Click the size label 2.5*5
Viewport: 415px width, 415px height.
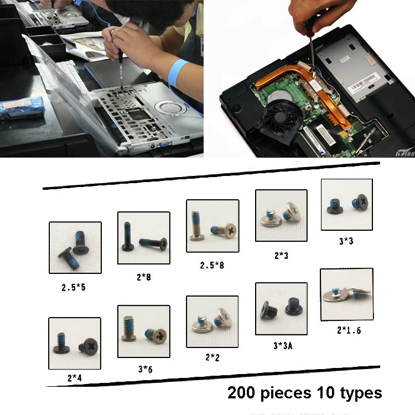(74, 288)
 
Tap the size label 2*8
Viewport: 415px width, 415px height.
(144, 277)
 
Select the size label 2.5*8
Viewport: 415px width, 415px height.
(212, 265)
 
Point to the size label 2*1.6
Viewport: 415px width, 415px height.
(349, 330)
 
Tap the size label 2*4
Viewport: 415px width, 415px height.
(75, 378)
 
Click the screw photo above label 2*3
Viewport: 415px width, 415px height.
(281, 215)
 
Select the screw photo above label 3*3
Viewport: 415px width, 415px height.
(347, 205)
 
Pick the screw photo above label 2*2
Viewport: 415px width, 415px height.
(212, 321)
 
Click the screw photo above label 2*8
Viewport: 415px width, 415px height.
(143, 238)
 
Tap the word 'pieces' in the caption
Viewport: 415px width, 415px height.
(294, 393)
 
